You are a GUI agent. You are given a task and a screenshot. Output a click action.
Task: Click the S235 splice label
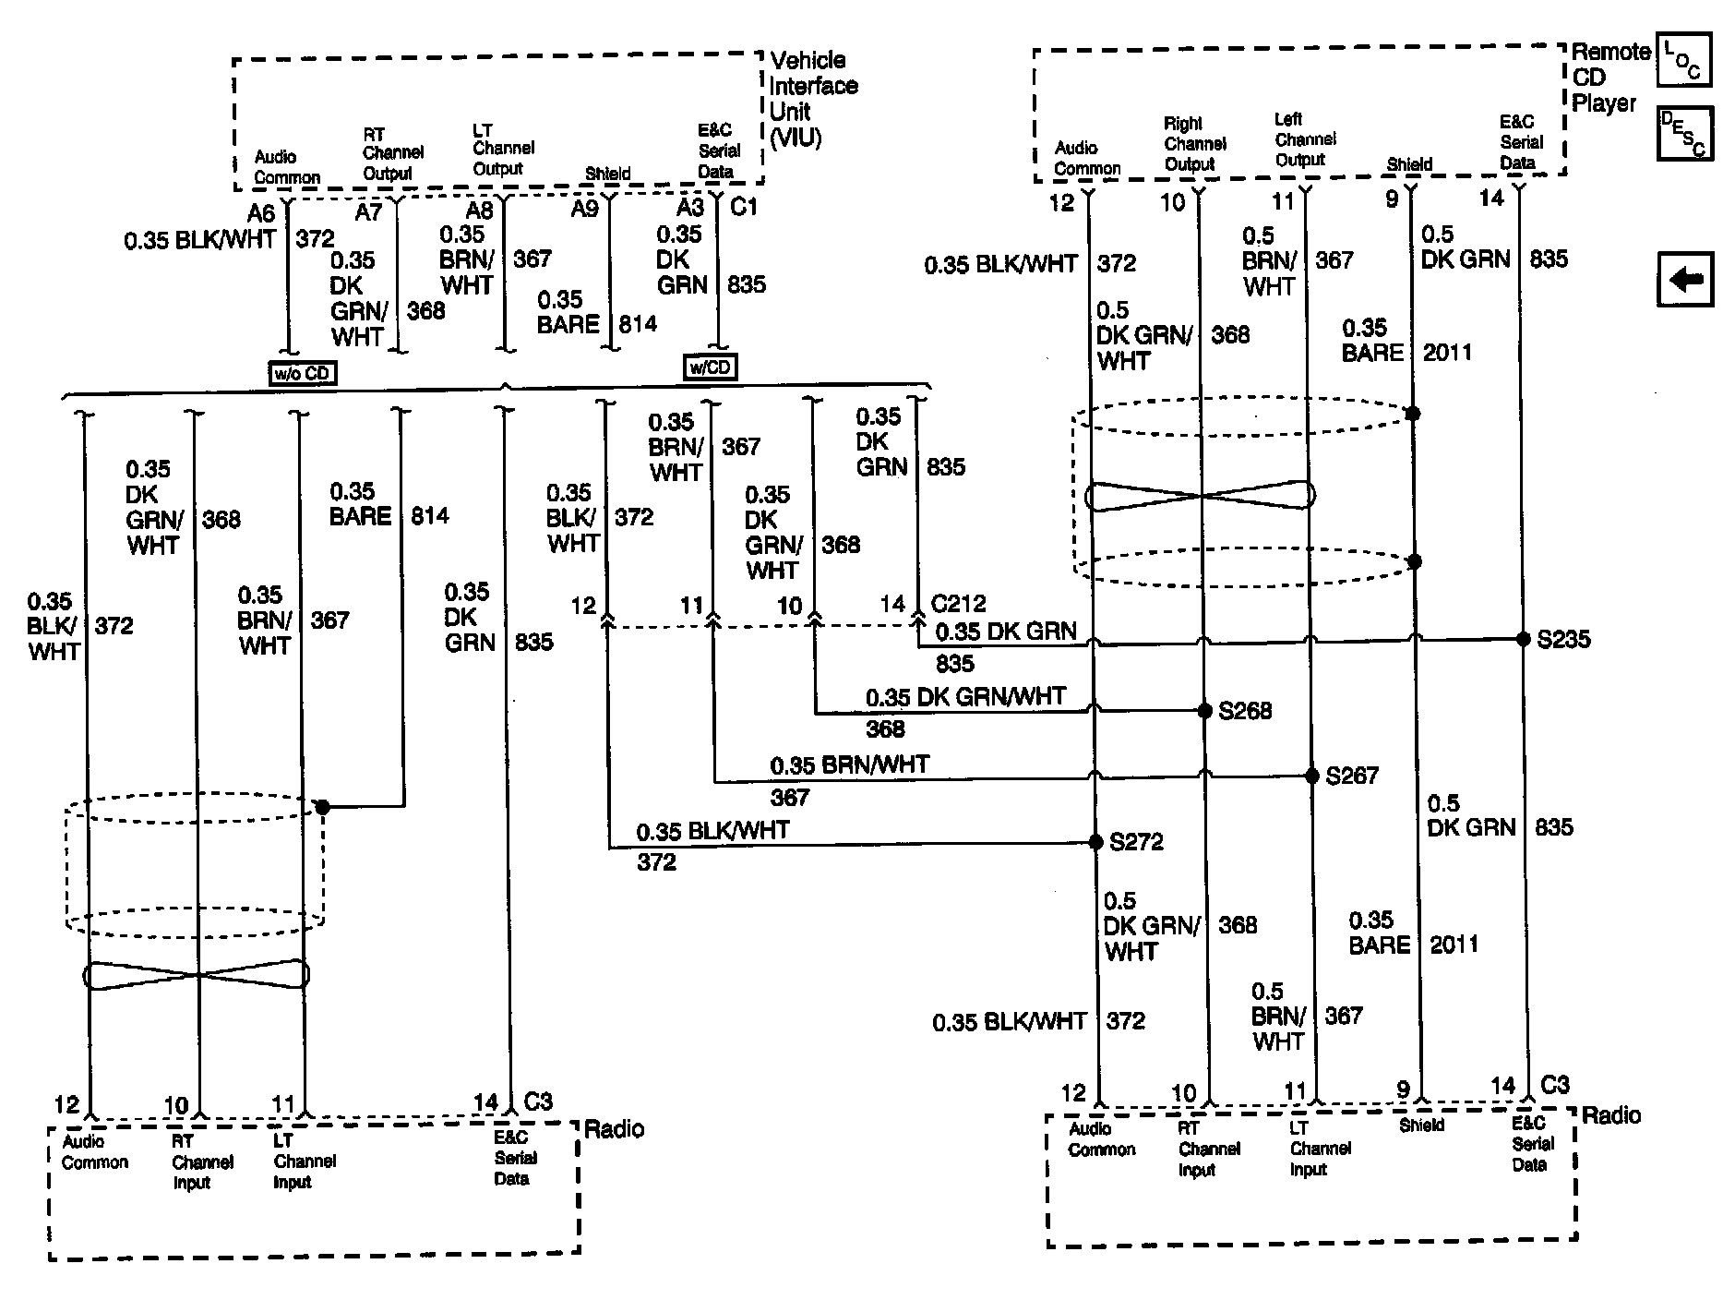tap(1563, 639)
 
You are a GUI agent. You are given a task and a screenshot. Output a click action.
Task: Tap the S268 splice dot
tap(1204, 710)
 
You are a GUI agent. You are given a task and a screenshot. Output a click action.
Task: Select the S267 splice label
tap(1351, 776)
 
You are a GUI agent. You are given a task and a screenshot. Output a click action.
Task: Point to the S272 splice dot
tap(1095, 842)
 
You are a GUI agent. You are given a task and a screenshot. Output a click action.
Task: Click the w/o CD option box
tap(302, 373)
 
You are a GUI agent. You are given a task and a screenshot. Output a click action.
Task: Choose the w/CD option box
tap(710, 367)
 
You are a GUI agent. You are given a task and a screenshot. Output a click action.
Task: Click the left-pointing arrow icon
tap(1685, 279)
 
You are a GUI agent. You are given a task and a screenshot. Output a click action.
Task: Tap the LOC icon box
tap(1684, 60)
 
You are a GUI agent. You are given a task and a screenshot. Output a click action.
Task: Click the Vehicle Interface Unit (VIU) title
tap(813, 99)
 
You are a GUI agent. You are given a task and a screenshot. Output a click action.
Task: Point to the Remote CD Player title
tap(1609, 78)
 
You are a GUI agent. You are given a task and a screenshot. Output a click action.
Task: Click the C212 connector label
tap(958, 604)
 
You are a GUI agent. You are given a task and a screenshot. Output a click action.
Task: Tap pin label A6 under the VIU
tap(261, 213)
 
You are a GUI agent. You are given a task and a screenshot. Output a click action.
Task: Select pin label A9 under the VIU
tap(584, 209)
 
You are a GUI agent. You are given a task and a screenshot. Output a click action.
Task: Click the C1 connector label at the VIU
tap(744, 207)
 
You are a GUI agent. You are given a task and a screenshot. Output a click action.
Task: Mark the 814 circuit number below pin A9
tap(638, 323)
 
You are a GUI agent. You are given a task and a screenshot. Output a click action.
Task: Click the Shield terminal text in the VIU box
tap(607, 174)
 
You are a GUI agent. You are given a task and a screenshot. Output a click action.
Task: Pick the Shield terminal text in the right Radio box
tap(1421, 1125)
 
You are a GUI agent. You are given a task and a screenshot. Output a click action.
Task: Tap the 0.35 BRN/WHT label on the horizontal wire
tap(849, 764)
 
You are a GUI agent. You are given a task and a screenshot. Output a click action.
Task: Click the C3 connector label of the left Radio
tap(538, 1101)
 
